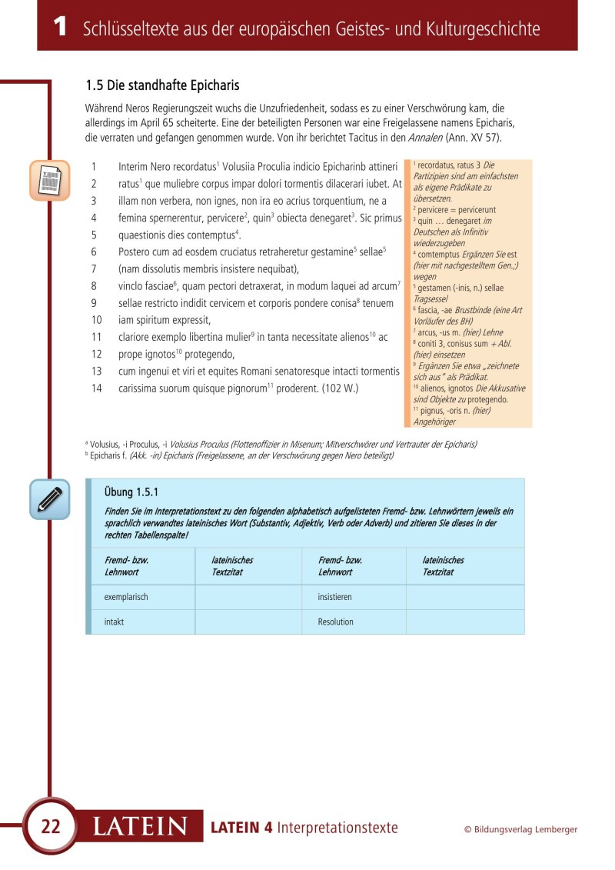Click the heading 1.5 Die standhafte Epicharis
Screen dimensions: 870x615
163,85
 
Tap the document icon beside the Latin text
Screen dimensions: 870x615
49,181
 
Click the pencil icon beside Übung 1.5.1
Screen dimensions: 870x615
49,498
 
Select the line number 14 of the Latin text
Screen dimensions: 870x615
96,388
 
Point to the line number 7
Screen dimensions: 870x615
94,268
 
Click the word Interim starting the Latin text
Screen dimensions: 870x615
134,166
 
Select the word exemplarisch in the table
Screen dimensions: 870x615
126,597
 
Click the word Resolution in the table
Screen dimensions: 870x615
336,622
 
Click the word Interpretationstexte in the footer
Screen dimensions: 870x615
337,828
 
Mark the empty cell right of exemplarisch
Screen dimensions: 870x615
248,597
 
